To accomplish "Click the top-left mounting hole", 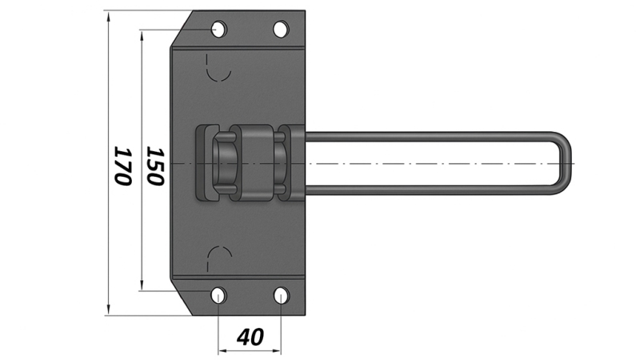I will click(218, 30).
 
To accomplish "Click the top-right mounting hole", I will click(281, 30).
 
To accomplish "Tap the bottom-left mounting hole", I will click(218, 295).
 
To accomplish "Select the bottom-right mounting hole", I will click(281, 295).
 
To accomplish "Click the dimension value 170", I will click(122, 166).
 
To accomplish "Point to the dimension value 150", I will click(155, 166).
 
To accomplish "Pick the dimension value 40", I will click(250, 337).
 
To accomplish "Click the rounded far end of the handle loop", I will click(566, 163).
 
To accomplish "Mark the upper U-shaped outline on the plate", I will click(218, 70).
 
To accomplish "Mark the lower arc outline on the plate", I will click(218, 256).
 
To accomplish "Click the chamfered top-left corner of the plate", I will click(180, 30).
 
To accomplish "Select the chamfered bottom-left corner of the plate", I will click(180, 296).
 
